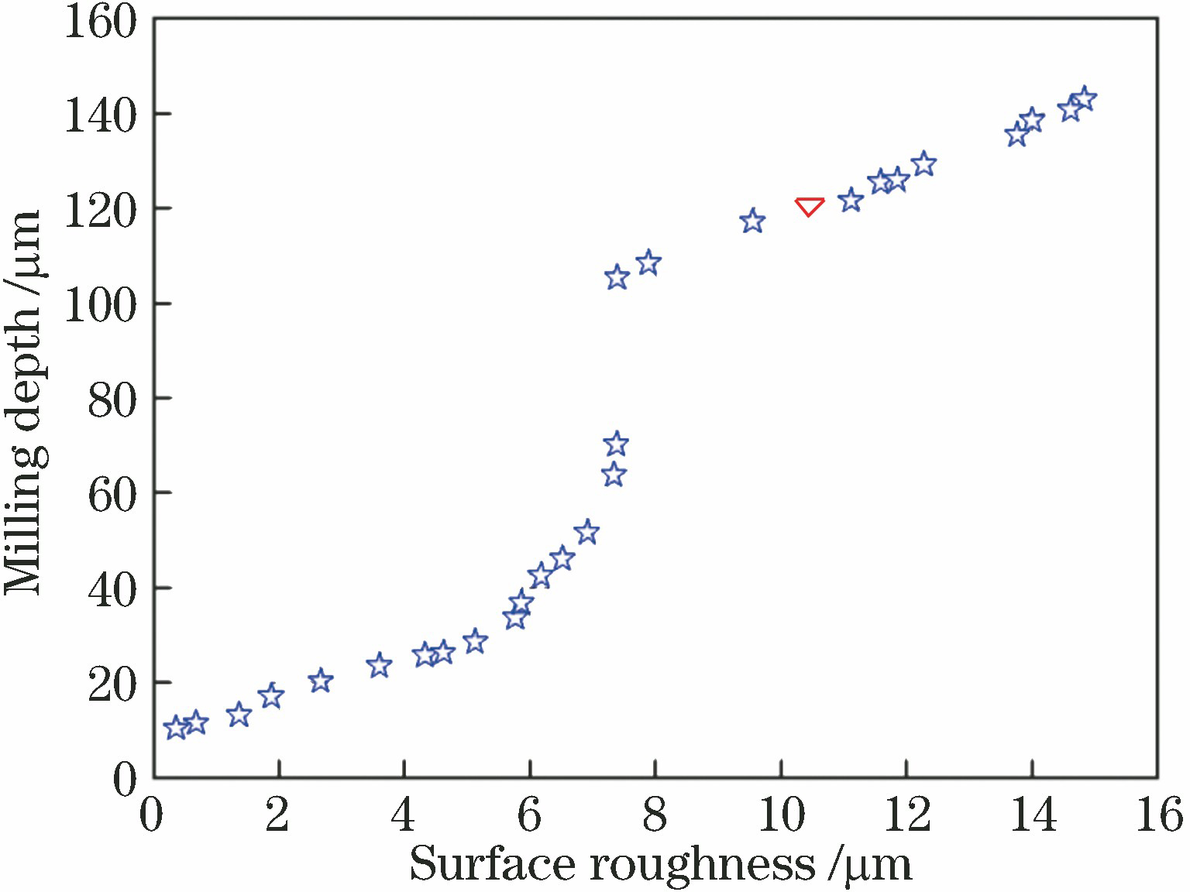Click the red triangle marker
pyautogui.click(x=809, y=206)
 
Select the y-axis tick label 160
pyautogui.click(x=100, y=22)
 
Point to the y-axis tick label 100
pyautogui.click(x=100, y=304)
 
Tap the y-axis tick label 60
pyautogui.click(x=112, y=494)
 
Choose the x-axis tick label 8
pyautogui.click(x=655, y=816)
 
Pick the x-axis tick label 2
pyautogui.click(x=277, y=816)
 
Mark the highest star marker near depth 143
pyautogui.click(x=1084, y=99)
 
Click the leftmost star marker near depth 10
pyautogui.click(x=176, y=728)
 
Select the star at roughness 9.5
pyautogui.click(x=751, y=221)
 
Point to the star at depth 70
pyautogui.click(x=616, y=444)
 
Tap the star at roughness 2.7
pyautogui.click(x=320, y=681)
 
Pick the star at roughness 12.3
pyautogui.click(x=923, y=165)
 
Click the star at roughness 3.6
pyautogui.click(x=379, y=665)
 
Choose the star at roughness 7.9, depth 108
pyautogui.click(x=648, y=263)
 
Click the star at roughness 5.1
pyautogui.click(x=475, y=642)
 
